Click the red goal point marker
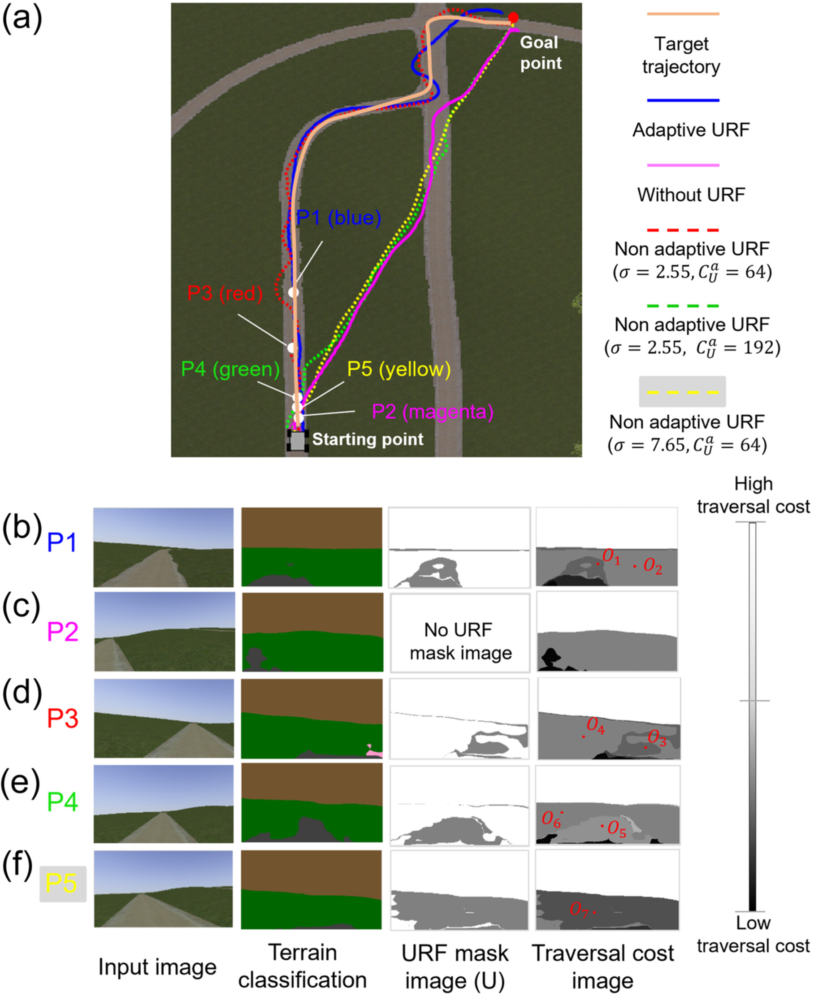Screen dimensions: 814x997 point(513,18)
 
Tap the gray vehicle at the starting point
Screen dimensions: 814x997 point(297,441)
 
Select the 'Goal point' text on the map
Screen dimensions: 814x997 point(541,52)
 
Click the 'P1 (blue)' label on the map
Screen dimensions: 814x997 point(339,217)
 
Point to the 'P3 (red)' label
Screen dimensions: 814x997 point(225,293)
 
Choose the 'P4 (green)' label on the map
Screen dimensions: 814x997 point(230,369)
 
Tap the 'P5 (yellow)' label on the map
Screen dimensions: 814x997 point(399,369)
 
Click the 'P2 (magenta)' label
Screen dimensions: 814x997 point(432,412)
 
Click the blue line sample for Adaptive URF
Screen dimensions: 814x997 point(683,100)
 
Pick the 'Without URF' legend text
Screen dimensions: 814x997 point(691,195)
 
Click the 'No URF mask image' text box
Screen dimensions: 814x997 point(460,641)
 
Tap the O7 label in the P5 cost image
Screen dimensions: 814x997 point(579,910)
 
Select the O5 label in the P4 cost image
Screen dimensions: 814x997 point(617,829)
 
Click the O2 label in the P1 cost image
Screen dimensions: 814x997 point(653,566)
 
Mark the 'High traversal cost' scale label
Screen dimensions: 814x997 point(753,495)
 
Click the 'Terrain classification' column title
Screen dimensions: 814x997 point(303,966)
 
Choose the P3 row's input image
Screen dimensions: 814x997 point(164,718)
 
